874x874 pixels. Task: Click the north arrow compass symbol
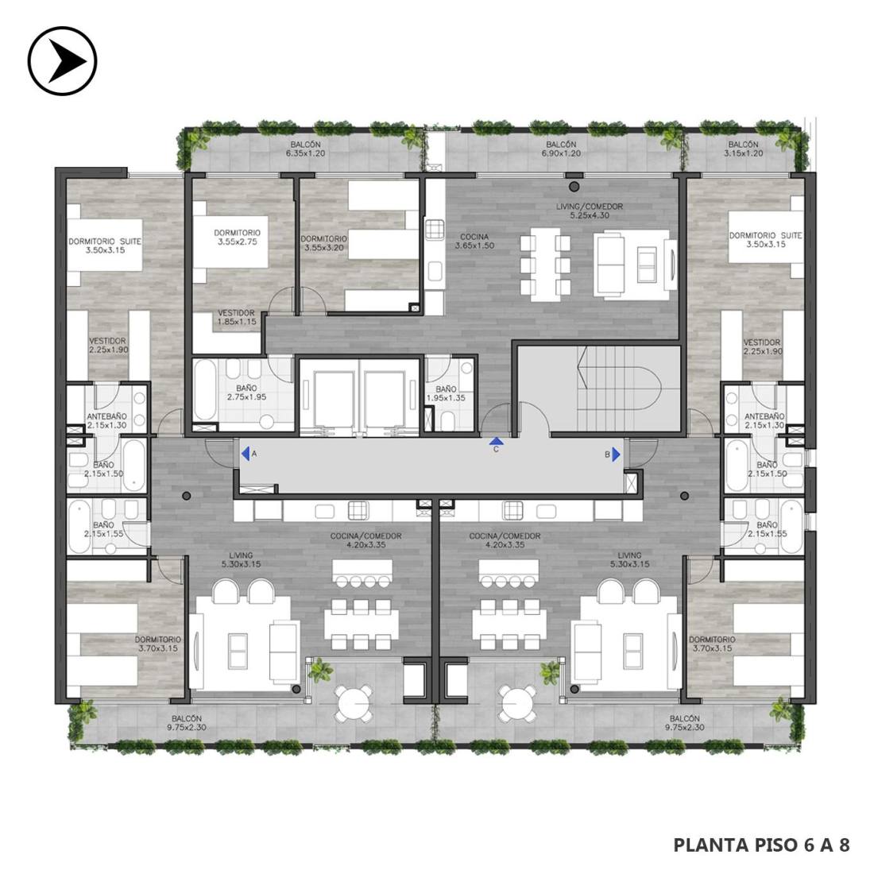point(63,60)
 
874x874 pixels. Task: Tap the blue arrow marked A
point(246,454)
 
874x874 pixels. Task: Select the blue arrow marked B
point(616,454)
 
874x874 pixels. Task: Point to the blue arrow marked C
point(496,442)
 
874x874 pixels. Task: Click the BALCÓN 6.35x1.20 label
point(305,149)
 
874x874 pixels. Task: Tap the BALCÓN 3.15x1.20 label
point(743,149)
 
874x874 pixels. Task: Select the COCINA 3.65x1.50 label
point(474,241)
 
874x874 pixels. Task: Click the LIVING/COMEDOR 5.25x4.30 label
point(590,211)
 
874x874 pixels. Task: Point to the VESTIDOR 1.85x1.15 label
point(236,317)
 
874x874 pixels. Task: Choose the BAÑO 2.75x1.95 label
point(246,393)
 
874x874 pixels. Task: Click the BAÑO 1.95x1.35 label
point(446,393)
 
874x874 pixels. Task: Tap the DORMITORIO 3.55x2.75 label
point(238,237)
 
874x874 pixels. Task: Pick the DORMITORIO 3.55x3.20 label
point(324,243)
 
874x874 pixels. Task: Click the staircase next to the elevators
point(618,389)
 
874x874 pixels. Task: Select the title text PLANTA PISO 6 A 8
point(761,845)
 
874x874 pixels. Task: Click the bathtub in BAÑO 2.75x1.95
point(204,389)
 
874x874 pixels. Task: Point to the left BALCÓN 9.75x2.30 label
point(187,723)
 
